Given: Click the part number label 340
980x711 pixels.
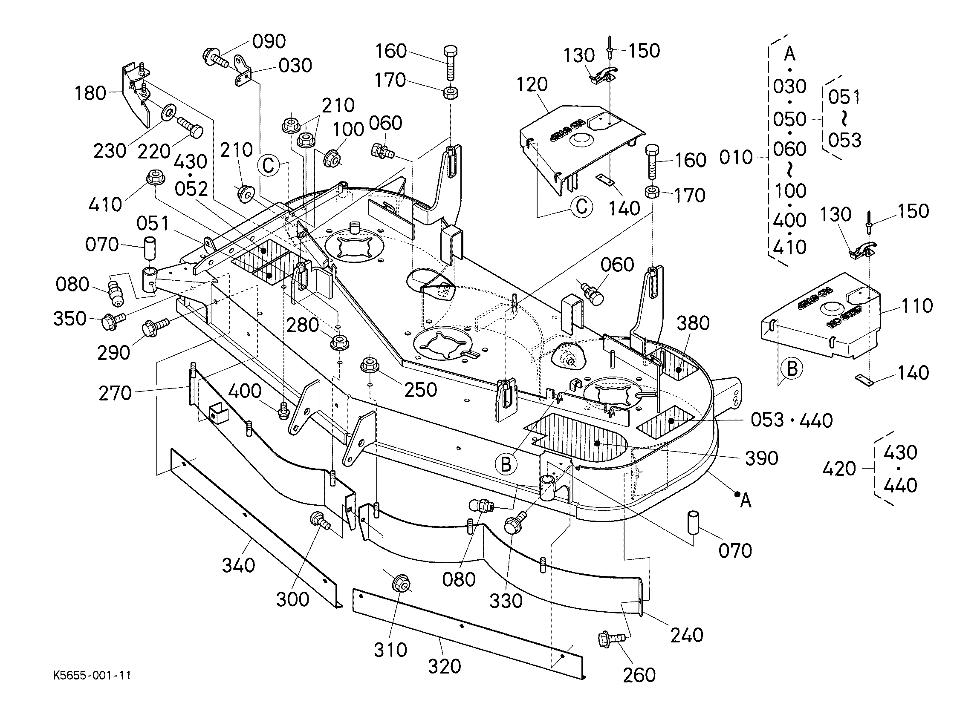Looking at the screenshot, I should (238, 565).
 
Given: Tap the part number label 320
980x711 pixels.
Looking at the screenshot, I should (444, 666).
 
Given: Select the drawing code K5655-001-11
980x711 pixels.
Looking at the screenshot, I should (92, 675).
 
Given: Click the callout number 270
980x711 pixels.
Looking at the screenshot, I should (115, 393).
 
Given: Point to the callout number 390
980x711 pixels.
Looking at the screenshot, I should (761, 458).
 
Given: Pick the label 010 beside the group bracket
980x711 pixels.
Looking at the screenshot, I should (736, 157).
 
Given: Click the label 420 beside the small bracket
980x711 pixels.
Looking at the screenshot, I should (839, 469).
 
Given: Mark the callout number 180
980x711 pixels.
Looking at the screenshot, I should (90, 93).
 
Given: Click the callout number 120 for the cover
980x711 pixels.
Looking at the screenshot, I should (532, 84).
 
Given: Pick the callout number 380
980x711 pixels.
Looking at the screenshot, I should (693, 323).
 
